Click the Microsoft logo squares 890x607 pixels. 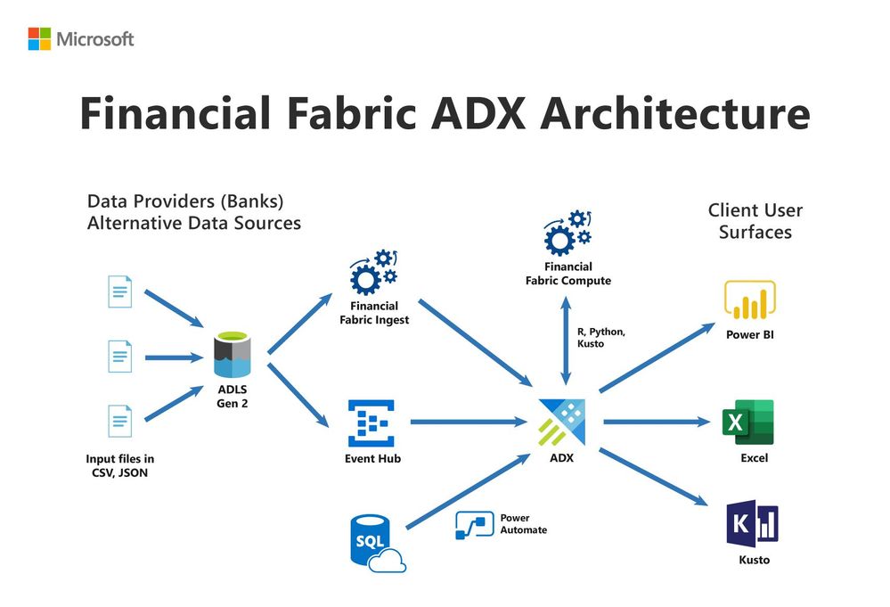(39, 38)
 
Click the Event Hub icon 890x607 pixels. (373, 423)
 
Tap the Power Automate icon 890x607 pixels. (475, 525)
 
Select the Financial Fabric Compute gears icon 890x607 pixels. (567, 232)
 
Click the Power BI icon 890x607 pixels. (749, 300)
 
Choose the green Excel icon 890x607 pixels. (748, 422)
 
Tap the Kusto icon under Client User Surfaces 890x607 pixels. (751, 523)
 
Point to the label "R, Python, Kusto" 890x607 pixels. (601, 337)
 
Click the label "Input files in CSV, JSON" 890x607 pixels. (118, 465)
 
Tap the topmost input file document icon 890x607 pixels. (120, 291)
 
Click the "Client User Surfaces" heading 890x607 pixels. (755, 221)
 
